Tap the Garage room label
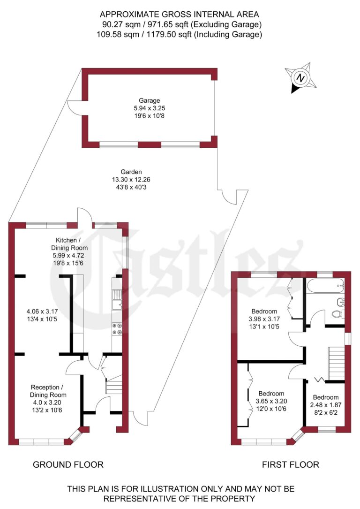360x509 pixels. click(149, 100)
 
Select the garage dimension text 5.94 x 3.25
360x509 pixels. click(149, 108)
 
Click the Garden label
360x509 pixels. click(131, 172)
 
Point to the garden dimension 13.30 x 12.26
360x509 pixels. click(131, 179)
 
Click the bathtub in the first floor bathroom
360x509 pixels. click(324, 285)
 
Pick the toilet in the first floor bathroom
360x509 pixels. click(337, 314)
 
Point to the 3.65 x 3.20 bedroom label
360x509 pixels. click(271, 401)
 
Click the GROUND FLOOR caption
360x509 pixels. click(68, 465)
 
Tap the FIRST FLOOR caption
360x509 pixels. click(290, 465)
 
